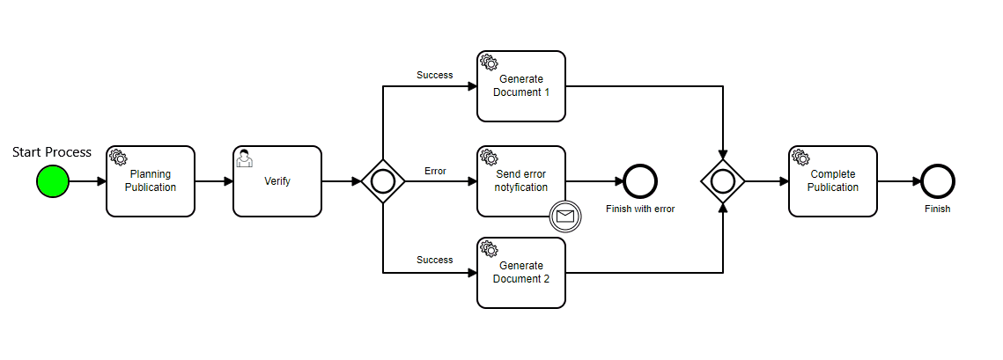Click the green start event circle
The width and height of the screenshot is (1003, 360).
coord(52,181)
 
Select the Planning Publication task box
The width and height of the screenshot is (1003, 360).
coord(151,181)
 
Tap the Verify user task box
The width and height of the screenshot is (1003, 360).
coord(277,181)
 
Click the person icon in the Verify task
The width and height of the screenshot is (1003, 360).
coord(245,158)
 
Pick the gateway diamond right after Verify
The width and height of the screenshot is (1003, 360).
coord(383,181)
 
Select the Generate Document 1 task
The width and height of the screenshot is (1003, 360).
coord(521,86)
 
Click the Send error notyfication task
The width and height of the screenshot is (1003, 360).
coord(521,181)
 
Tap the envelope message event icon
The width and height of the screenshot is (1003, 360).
coord(565,216)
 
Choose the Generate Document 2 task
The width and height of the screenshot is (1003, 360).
coord(521,273)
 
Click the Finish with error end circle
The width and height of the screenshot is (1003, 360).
coord(640,181)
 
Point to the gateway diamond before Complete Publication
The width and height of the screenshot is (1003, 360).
coord(723,181)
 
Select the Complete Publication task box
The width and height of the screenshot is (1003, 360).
coord(833,181)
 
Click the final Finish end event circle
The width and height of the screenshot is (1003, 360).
coord(938,181)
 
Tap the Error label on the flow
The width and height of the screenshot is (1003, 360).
coord(435,171)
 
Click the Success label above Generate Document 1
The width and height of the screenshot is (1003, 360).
coord(434,76)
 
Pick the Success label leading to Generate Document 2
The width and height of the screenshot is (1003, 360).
coord(434,261)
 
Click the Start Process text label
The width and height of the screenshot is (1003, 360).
coord(52,152)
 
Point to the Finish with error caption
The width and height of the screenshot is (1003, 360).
coord(640,209)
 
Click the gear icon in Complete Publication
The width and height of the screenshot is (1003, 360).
coord(800,158)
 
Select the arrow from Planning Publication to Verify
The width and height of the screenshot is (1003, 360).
coord(214,181)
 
